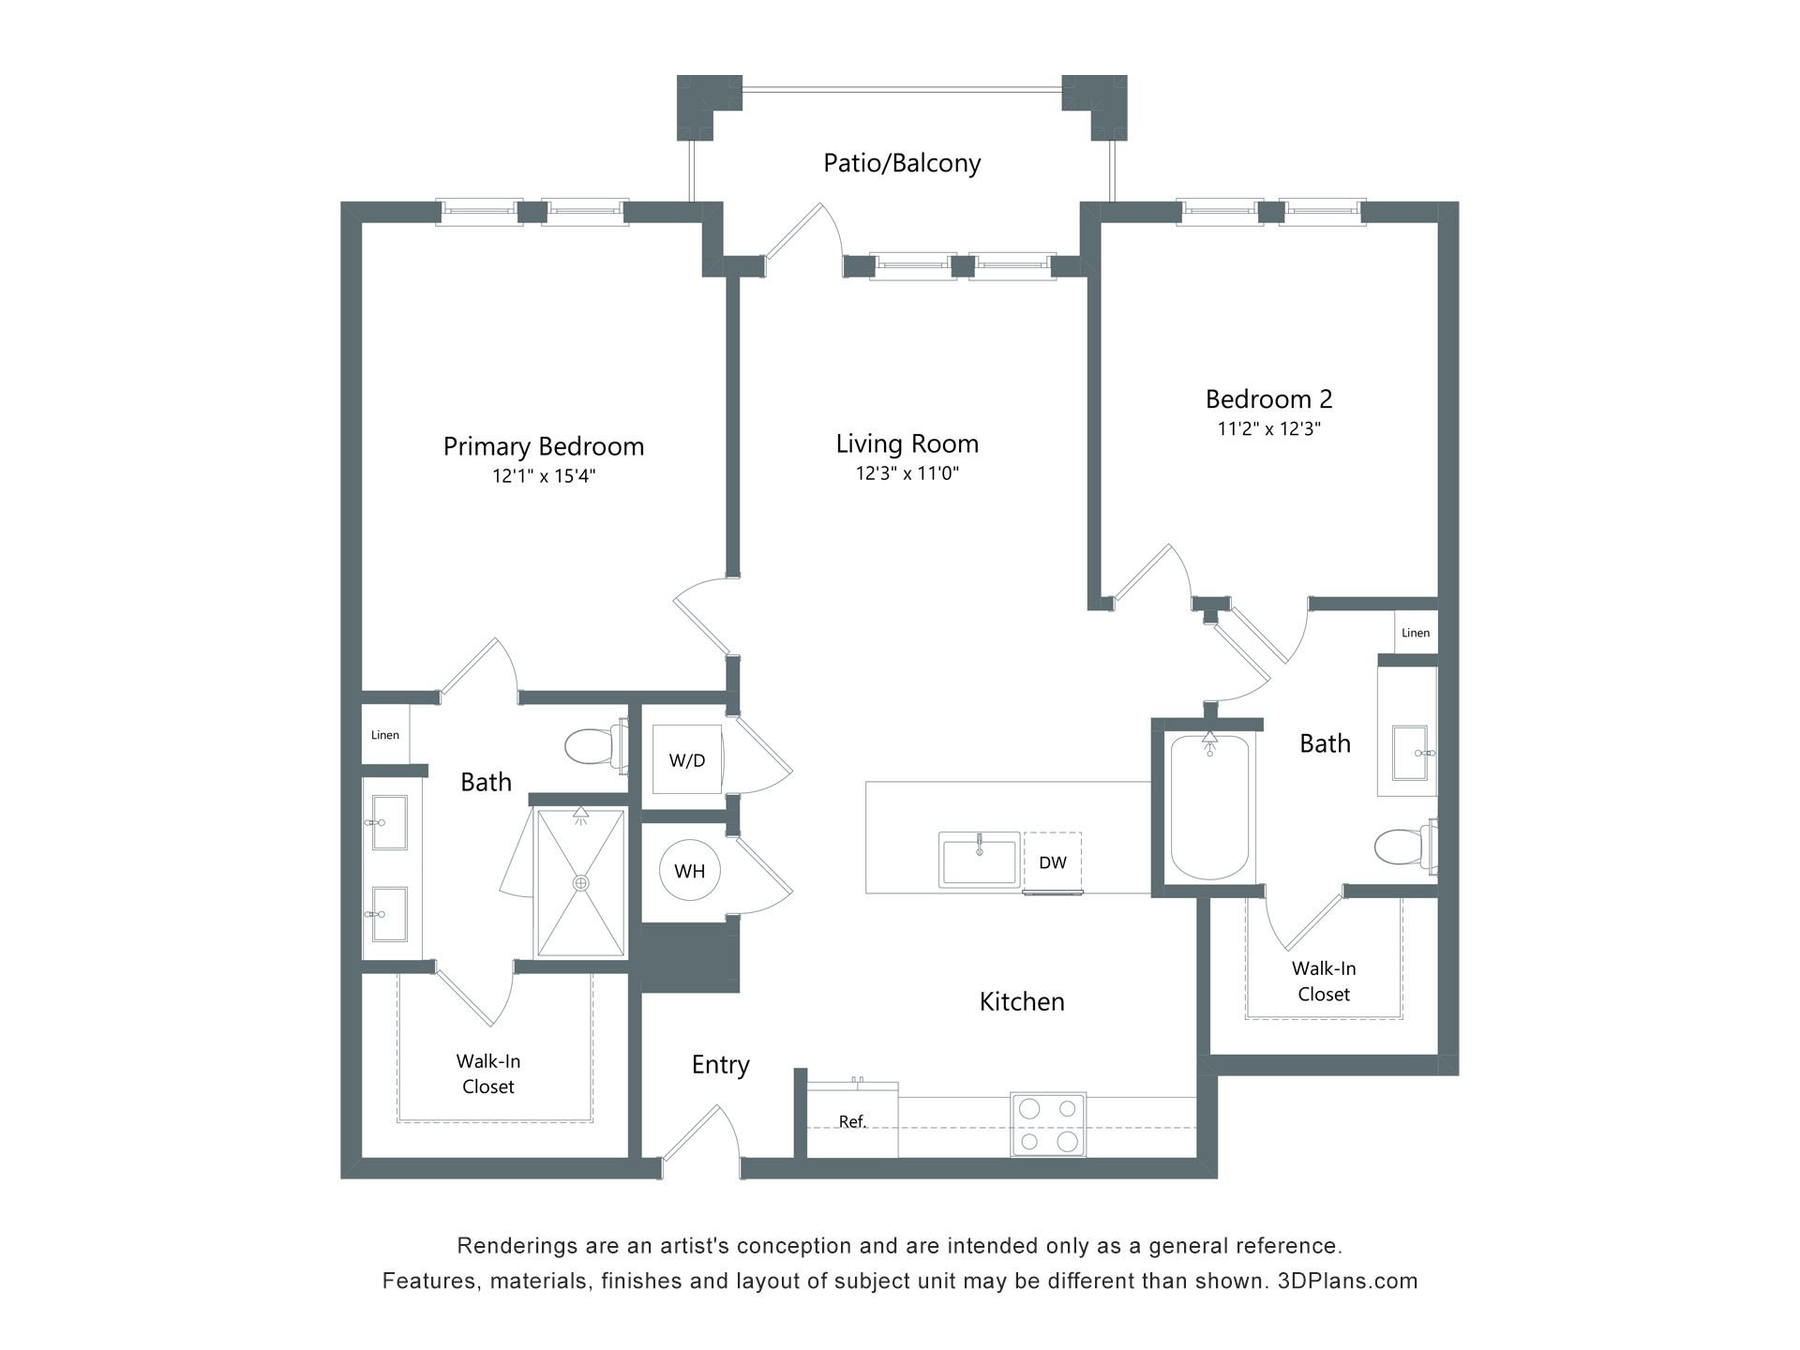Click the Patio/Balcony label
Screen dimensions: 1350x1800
click(901, 163)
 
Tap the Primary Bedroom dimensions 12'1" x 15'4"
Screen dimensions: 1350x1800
click(544, 476)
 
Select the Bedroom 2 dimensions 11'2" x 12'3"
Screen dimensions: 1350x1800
click(1268, 429)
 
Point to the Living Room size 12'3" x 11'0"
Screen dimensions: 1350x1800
click(907, 473)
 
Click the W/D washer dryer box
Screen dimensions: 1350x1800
click(687, 760)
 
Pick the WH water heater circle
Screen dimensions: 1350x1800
click(689, 871)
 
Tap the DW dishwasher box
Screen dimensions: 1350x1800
click(1052, 862)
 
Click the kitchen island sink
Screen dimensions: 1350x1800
click(979, 860)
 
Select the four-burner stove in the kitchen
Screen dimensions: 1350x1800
click(1048, 1124)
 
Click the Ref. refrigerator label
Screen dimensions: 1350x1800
click(852, 1121)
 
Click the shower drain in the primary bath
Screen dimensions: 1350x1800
click(581, 883)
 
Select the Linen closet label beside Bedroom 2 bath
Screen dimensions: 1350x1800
click(1415, 633)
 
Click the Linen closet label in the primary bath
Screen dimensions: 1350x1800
click(385, 735)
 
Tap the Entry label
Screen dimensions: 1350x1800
click(720, 1065)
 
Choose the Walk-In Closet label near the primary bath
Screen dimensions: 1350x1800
click(488, 1073)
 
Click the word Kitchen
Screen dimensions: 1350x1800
click(1021, 1002)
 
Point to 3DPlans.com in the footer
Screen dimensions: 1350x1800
click(1347, 1281)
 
